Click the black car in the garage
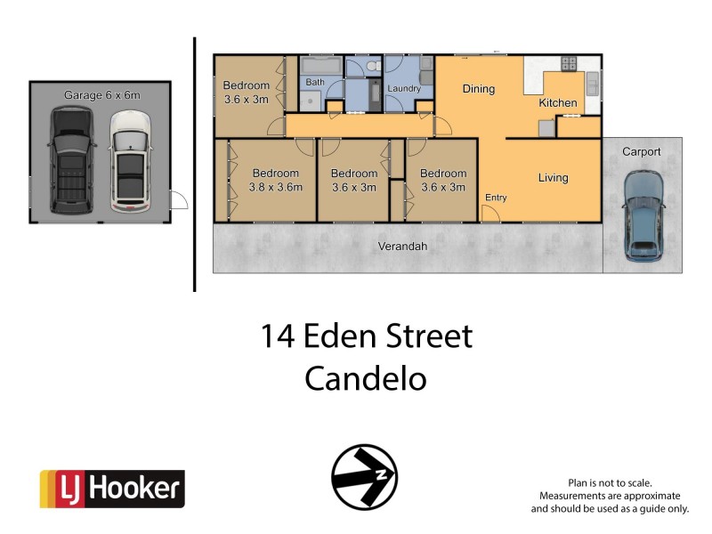point(70,160)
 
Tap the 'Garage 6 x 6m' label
point(101,94)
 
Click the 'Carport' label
point(641,152)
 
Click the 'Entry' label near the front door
point(496,198)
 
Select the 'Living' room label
point(553,178)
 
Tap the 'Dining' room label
point(478,89)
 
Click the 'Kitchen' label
point(558,103)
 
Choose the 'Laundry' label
point(404,89)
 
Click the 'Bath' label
point(315,83)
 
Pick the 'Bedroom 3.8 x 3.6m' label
point(277,180)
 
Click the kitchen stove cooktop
point(568,64)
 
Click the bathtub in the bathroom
point(320,66)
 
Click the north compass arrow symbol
point(364,477)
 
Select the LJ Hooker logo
point(112,489)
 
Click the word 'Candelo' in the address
point(366,378)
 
